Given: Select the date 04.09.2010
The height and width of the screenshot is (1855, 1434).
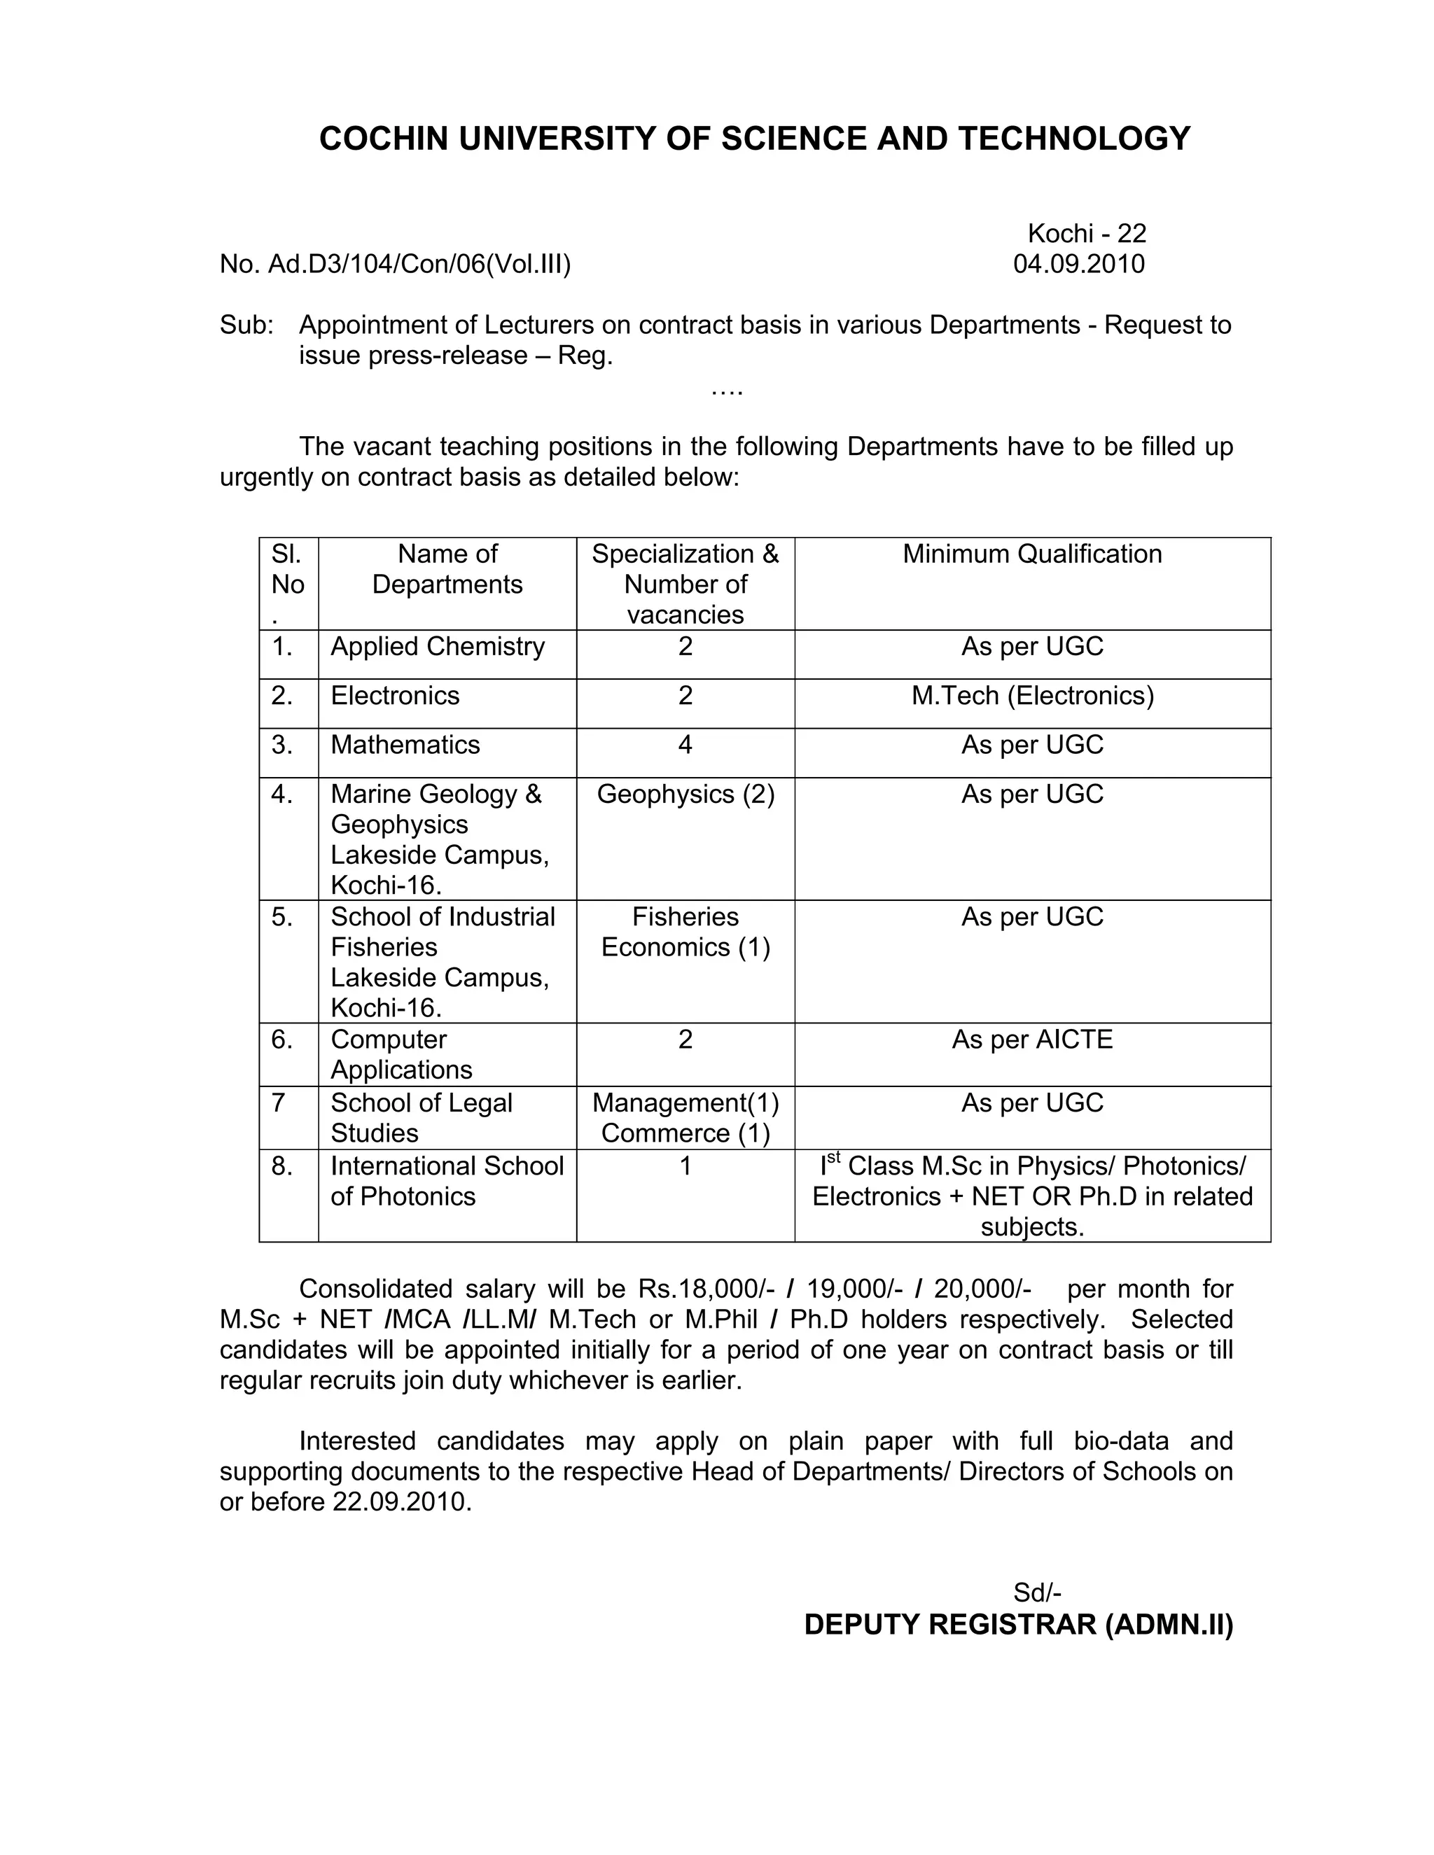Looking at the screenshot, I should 1078,264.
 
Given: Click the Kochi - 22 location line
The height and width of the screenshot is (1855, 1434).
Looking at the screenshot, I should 1087,234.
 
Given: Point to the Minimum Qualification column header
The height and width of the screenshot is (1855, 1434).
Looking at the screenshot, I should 1031,554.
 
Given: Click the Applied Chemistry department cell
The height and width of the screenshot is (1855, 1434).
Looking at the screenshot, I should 437,646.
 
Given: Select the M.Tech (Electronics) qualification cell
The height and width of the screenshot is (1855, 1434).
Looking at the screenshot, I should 1032,696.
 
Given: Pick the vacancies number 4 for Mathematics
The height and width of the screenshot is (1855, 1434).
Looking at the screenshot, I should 685,745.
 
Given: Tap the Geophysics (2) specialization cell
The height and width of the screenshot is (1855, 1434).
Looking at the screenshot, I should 685,794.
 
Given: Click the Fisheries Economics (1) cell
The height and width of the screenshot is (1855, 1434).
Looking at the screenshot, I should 685,932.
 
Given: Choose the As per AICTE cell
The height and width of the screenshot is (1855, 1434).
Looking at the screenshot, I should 1031,1039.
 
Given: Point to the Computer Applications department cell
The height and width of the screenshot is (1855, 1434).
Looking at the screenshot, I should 401,1054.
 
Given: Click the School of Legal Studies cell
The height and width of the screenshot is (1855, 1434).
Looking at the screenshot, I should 421,1118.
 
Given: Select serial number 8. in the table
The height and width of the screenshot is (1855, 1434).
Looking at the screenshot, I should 282,1166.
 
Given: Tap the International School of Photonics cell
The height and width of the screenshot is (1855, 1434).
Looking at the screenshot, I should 446,1181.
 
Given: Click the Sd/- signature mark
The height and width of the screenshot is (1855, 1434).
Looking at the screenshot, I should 1036,1592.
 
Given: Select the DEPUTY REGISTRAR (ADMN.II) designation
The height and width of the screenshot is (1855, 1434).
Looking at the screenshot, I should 1017,1625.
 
